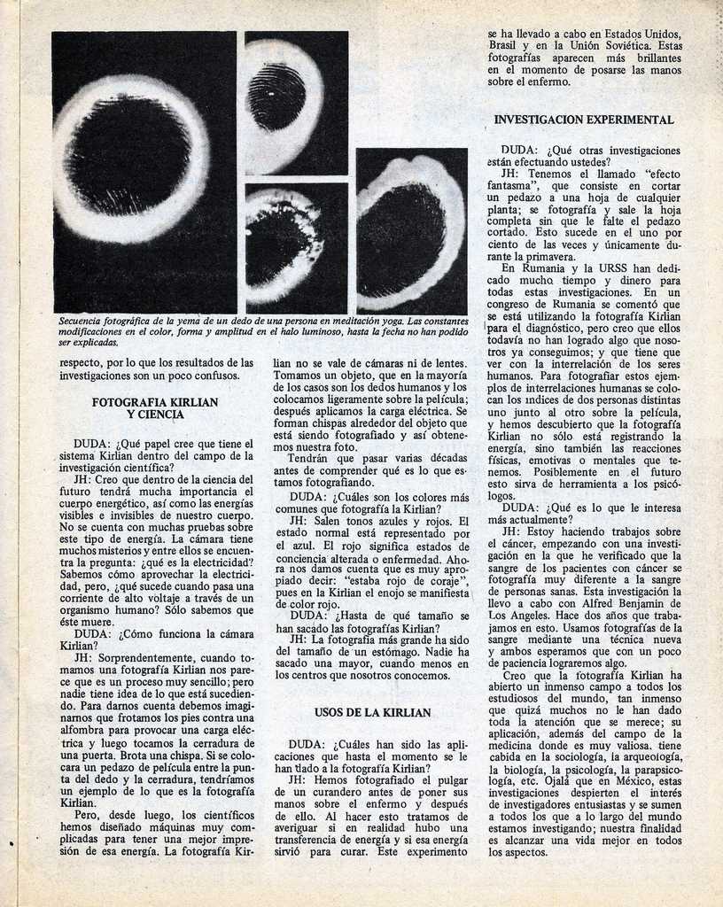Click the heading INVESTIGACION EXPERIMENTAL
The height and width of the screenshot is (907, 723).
[x=584, y=120]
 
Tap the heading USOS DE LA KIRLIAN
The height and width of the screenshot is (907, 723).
[x=372, y=712]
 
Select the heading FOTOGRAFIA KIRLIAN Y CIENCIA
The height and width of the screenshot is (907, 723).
[x=155, y=407]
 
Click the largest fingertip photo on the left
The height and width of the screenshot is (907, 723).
[x=144, y=172]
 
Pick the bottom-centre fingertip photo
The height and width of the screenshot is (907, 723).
[x=296, y=248]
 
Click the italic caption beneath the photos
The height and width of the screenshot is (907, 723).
[x=263, y=330]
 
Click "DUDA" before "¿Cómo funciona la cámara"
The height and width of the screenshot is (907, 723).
[x=92, y=634]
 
